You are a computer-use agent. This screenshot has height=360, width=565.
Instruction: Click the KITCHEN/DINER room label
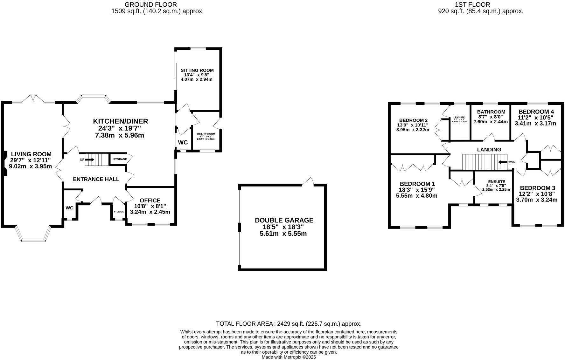(120, 121)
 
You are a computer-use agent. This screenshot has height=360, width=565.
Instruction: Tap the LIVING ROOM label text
(31, 154)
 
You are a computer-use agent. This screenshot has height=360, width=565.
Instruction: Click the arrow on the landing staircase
(502, 162)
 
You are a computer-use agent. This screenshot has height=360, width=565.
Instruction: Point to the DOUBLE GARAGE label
(284, 220)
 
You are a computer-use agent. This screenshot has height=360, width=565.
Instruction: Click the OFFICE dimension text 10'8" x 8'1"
(150, 206)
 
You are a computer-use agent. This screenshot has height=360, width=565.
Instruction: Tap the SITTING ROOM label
(197, 70)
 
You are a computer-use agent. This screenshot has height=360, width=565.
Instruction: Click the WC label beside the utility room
(183, 142)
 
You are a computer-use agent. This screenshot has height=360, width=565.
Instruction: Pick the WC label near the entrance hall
(69, 208)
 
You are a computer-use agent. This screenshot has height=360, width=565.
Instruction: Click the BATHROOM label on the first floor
(491, 112)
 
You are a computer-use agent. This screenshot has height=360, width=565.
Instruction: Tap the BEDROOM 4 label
(536, 112)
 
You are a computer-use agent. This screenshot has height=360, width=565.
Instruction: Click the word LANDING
(489, 149)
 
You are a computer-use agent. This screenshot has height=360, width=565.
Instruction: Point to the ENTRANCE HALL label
(96, 179)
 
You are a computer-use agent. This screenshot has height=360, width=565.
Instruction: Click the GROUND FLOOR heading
(151, 4)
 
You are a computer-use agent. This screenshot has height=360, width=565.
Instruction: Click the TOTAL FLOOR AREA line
(289, 324)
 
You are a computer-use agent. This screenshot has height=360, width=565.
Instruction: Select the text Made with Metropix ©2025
(289, 357)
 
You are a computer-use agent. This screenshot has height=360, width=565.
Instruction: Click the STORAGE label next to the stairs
(120, 159)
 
